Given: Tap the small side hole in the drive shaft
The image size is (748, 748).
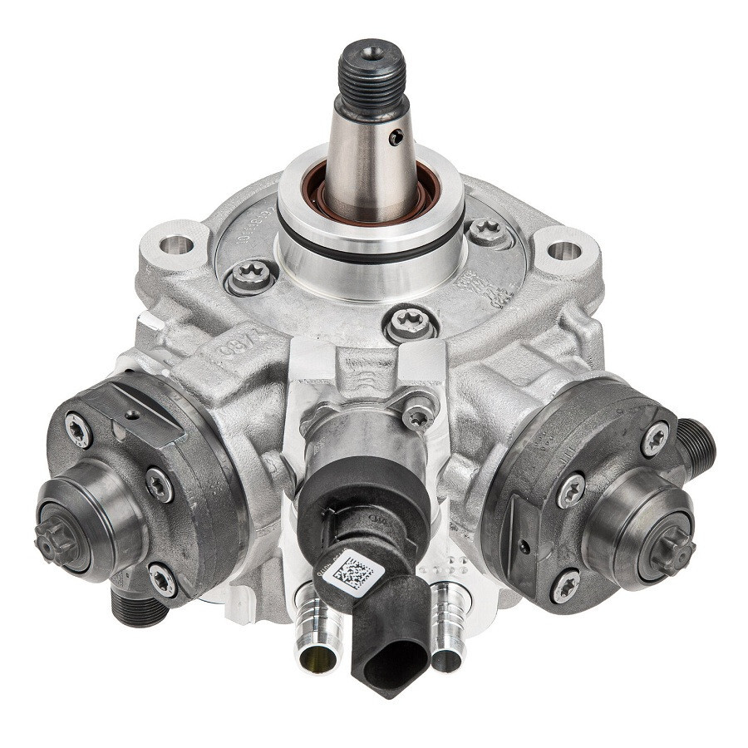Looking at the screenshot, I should [x=397, y=137].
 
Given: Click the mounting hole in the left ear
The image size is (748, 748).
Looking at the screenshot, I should [x=175, y=244].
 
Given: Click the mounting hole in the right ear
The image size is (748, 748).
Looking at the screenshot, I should [x=563, y=249].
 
